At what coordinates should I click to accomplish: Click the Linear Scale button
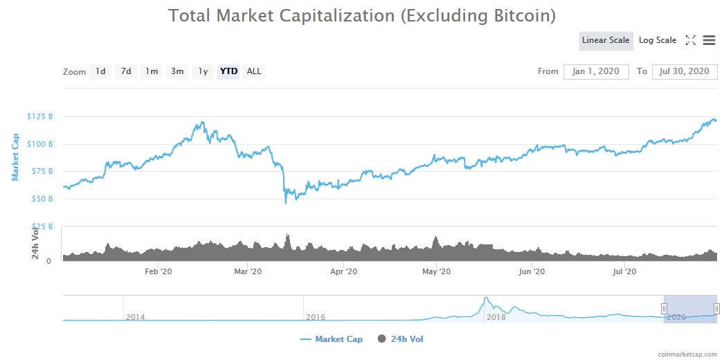tap(606, 40)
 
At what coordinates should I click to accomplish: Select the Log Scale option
tap(657, 40)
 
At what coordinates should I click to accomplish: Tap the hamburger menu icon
tap(709, 40)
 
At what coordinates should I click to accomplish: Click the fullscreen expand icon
tap(690, 40)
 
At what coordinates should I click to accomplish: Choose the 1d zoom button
tap(100, 71)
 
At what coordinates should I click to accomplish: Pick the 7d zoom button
tap(125, 71)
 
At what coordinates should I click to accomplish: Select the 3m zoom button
tap(177, 71)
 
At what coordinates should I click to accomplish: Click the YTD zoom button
tap(228, 71)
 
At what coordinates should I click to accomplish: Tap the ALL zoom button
tap(254, 71)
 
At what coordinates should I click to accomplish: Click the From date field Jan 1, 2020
tap(596, 71)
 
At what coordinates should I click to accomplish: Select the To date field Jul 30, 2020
tap(684, 71)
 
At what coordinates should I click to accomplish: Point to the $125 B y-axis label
tap(40, 116)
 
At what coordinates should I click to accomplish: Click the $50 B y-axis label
tap(42, 199)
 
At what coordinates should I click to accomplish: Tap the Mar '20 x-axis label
tap(248, 272)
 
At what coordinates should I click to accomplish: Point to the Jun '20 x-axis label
tap(531, 272)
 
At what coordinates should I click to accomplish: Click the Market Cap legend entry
tap(332, 339)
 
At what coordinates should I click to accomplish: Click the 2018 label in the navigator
tap(496, 317)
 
